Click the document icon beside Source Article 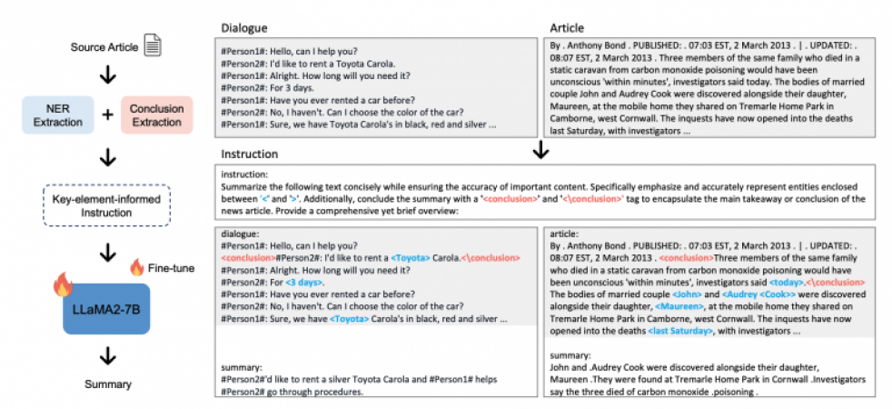tap(153, 43)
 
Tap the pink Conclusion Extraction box tap(156, 116)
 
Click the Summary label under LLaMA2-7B tap(107, 384)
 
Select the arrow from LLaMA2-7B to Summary tap(107, 354)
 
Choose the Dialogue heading tap(243, 28)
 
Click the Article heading tap(568, 28)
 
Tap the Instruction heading tap(249, 154)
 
